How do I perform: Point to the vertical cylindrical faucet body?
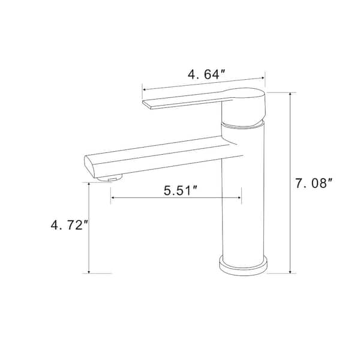[243, 198]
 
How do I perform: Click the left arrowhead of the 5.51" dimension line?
[112, 200]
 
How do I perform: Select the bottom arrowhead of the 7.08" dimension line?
[292, 271]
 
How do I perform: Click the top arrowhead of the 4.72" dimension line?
[89, 184]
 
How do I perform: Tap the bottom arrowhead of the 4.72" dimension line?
[89, 271]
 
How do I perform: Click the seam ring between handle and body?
[243, 125]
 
